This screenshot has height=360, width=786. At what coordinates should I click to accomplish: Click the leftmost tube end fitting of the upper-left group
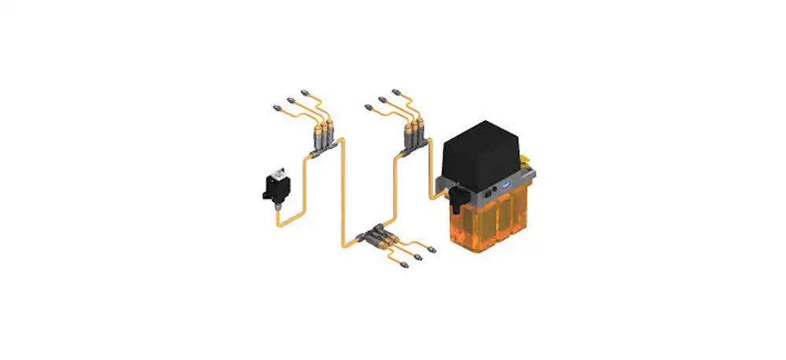[276, 105]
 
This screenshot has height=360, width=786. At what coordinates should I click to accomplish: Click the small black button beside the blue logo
[490, 189]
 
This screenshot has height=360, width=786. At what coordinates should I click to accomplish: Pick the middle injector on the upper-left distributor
[321, 129]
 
